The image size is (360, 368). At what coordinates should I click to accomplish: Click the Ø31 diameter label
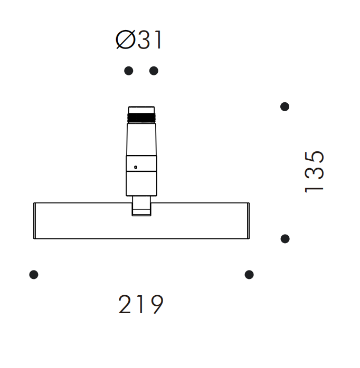pyautogui.click(x=139, y=40)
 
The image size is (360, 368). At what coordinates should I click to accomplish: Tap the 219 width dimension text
pyautogui.click(x=141, y=304)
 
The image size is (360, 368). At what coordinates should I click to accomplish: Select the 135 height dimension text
pyautogui.click(x=315, y=172)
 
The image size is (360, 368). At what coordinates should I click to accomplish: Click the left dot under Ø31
pyautogui.click(x=129, y=71)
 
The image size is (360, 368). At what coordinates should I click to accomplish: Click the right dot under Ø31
pyautogui.click(x=154, y=71)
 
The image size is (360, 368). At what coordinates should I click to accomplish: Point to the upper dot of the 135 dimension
pyautogui.click(x=285, y=106)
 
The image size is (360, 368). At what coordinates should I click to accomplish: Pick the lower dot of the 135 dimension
pyautogui.click(x=285, y=239)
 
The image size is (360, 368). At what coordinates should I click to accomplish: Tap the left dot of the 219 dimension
pyautogui.click(x=34, y=275)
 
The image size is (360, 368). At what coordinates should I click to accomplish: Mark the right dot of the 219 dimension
pyautogui.click(x=249, y=275)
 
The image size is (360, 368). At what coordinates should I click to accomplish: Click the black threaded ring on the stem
pyautogui.click(x=141, y=118)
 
